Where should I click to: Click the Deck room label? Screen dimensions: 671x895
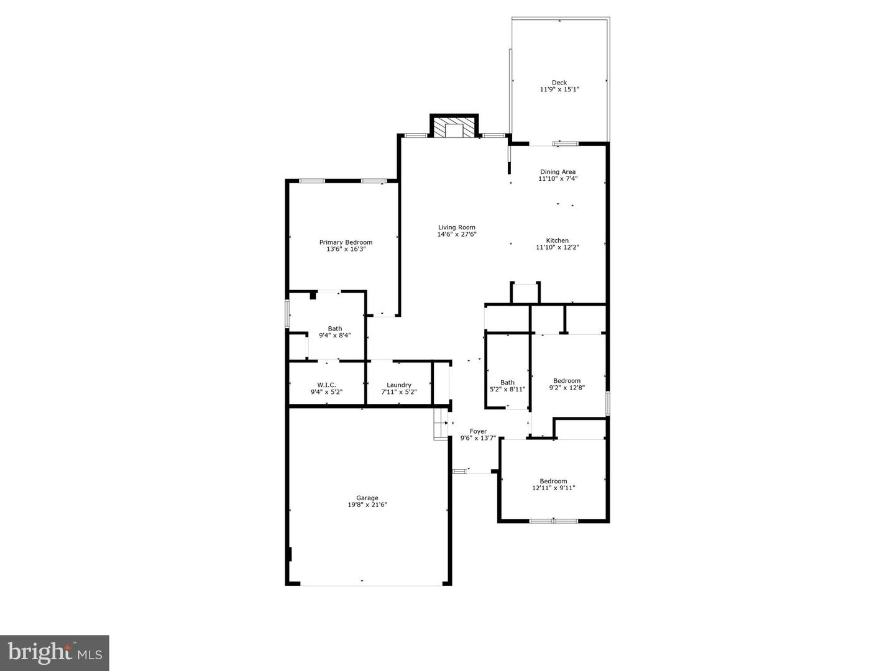[559, 83]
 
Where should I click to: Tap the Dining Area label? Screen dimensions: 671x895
[558, 172]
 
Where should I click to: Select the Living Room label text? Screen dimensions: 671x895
[457, 227]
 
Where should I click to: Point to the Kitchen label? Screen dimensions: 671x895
[558, 240]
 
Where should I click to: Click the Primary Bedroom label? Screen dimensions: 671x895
[346, 242]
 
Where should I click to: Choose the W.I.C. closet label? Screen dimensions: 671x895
[326, 385]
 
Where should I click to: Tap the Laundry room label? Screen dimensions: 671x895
[399, 385]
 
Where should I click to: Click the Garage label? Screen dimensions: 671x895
[367, 498]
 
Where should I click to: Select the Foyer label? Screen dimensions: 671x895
[478, 431]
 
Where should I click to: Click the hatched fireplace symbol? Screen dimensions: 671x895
[454, 129]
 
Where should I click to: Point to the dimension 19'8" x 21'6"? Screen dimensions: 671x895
[367, 505]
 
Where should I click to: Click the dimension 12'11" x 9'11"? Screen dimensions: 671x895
[553, 488]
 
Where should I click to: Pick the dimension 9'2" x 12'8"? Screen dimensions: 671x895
[567, 388]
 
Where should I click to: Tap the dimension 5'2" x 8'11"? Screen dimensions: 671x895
[508, 390]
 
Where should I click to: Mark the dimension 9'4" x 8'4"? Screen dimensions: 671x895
[335, 335]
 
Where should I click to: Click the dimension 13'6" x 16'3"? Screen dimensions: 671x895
[346, 249]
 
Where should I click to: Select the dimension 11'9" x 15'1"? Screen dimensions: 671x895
[559, 89]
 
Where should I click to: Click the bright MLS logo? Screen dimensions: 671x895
[55, 652]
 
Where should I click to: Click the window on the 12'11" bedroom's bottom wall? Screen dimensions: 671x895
[553, 521]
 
